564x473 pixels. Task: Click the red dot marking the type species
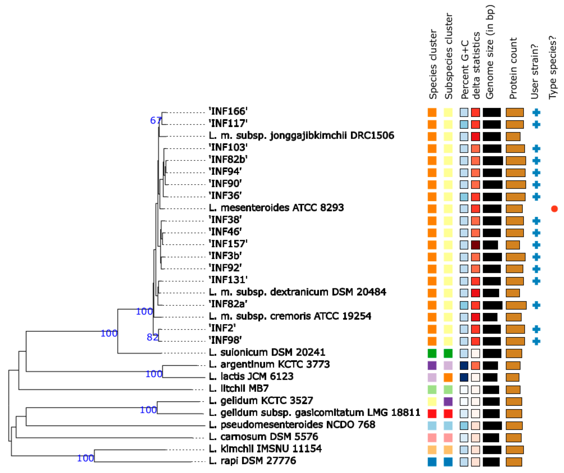[554, 209]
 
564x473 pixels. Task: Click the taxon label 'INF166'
[228, 111]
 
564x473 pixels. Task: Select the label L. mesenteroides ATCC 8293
[276, 208]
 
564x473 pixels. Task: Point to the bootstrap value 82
[152, 337]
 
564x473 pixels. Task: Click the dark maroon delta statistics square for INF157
[476, 245]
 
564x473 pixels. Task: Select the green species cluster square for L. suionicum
[432, 353]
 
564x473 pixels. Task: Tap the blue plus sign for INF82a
[536, 305]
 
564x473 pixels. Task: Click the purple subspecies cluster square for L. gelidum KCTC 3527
[448, 401]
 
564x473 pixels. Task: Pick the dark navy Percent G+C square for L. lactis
[464, 377]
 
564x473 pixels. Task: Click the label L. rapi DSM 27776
[252, 461]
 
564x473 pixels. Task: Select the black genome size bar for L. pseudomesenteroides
[492, 426]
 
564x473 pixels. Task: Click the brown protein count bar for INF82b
[516, 161]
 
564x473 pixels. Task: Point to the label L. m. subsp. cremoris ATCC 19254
[290, 316]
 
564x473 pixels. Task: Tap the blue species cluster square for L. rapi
[432, 462]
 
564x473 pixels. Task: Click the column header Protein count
[513, 68]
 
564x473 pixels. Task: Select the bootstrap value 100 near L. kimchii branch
[85, 458]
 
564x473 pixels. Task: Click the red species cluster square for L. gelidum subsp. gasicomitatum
[432, 413]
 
